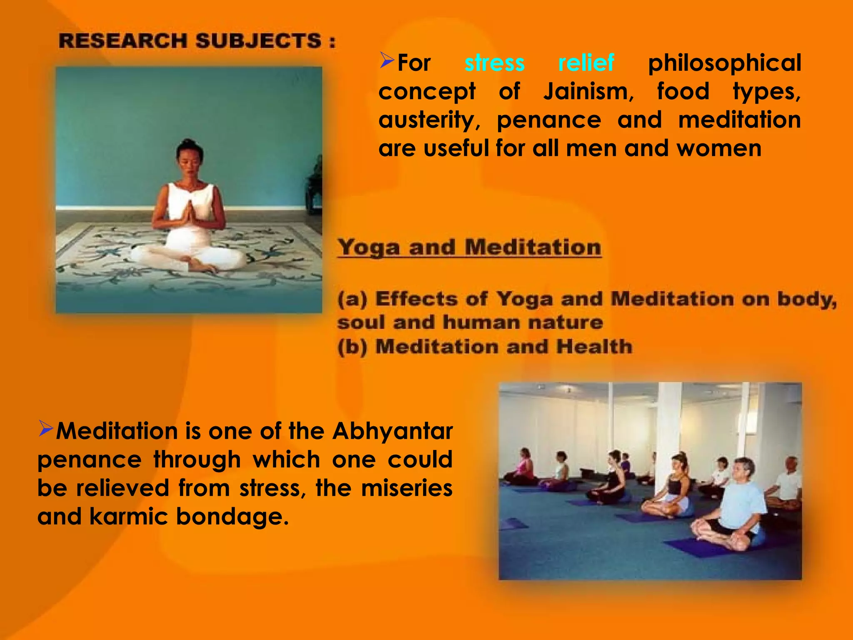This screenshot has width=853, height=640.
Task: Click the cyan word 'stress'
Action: [x=494, y=63]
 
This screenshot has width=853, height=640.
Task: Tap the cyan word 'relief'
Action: [x=586, y=63]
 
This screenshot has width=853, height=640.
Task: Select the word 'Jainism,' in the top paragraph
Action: [x=588, y=92]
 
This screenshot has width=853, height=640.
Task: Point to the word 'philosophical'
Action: [x=724, y=63]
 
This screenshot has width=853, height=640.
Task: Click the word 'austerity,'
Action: [x=429, y=120]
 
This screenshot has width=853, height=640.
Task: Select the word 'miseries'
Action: [x=407, y=488]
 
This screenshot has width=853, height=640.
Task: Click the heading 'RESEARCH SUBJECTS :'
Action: [x=197, y=41]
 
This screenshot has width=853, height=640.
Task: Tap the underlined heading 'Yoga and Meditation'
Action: [x=469, y=247]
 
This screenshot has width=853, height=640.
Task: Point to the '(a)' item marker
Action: [x=352, y=299]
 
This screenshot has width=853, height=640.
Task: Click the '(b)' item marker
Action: [x=352, y=347]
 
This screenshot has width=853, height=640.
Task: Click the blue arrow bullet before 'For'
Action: [x=387, y=61]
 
